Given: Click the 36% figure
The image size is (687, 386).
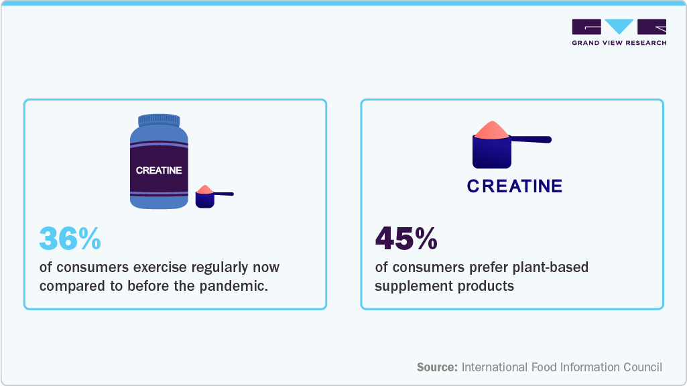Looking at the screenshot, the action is click(70, 239).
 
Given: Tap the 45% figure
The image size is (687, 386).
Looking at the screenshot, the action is click(406, 239).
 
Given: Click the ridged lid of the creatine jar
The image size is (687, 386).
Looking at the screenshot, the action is click(159, 120).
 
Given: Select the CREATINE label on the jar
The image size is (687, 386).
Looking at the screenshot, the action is click(159, 170).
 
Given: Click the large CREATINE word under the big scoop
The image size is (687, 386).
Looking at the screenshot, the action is click(515, 186).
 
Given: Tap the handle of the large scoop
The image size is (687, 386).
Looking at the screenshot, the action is click(531, 139).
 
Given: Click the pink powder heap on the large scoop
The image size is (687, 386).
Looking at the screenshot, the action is click(491, 130).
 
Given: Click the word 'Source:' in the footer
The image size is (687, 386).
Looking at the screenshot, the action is click(437, 367).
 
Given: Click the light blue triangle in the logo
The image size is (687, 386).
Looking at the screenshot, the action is click(619, 26).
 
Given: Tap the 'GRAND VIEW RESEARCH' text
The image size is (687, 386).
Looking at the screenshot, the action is click(619, 43).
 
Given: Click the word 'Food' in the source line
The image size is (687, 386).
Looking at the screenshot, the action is click(542, 367).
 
